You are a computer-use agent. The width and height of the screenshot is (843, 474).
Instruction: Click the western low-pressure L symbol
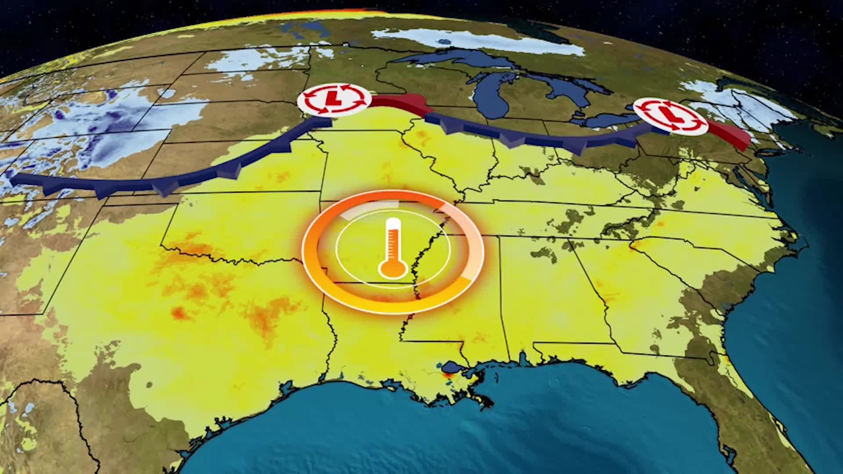334,101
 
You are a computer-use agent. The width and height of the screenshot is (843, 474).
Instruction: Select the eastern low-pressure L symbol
671,116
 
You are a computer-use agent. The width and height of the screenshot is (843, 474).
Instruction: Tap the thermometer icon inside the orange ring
393,248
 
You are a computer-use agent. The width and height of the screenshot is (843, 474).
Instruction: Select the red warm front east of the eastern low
729,134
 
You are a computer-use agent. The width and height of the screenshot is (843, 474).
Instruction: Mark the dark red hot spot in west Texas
178,312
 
